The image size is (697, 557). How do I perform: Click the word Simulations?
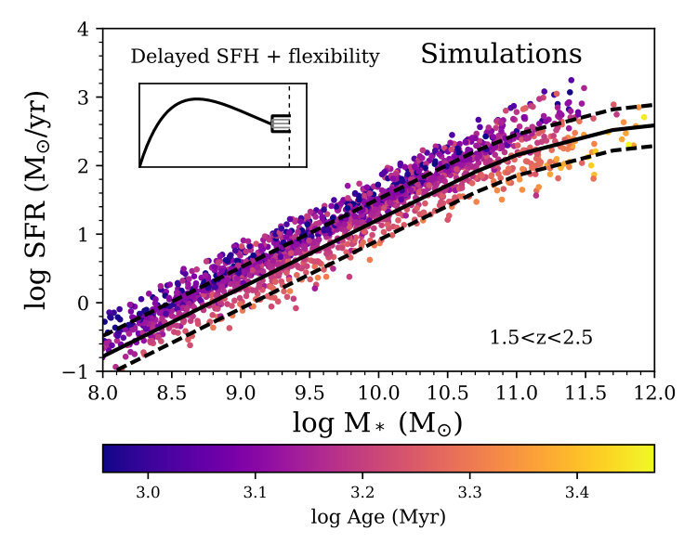(501, 54)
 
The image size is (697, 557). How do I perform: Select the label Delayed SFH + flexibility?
(256, 57)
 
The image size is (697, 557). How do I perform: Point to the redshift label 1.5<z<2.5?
(541, 338)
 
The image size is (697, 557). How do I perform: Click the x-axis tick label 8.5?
(172, 393)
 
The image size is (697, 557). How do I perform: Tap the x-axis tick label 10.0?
(378, 393)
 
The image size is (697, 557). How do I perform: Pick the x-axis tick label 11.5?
(585, 393)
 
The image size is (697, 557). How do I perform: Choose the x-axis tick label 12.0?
(653, 393)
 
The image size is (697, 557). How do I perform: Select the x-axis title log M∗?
(378, 423)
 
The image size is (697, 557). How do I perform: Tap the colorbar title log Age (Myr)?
(378, 517)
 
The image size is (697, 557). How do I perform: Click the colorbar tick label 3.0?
(148, 493)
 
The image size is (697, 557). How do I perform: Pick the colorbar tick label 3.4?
(576, 493)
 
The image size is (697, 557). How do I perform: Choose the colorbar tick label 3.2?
(362, 493)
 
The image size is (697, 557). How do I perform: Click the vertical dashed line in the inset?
(289, 125)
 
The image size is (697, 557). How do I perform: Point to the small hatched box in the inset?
(281, 123)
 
